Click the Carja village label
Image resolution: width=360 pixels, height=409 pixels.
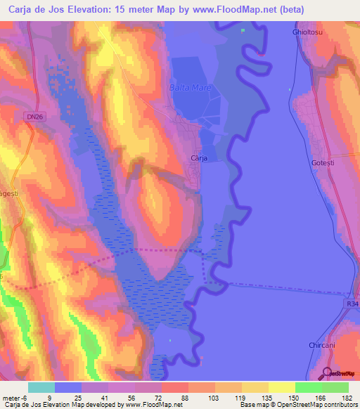pyautogui.click(x=199, y=159)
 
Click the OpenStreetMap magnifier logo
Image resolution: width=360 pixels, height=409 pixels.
pyautogui.click(x=327, y=373)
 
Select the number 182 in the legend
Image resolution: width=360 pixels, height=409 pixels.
pyautogui.click(x=348, y=398)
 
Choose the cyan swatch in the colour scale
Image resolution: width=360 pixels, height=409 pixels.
pyautogui.click(x=41, y=387)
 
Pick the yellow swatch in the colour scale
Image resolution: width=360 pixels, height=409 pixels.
pyautogui.click(x=282, y=387)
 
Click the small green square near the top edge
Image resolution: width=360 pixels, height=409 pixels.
pyautogui.click(x=244, y=30)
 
